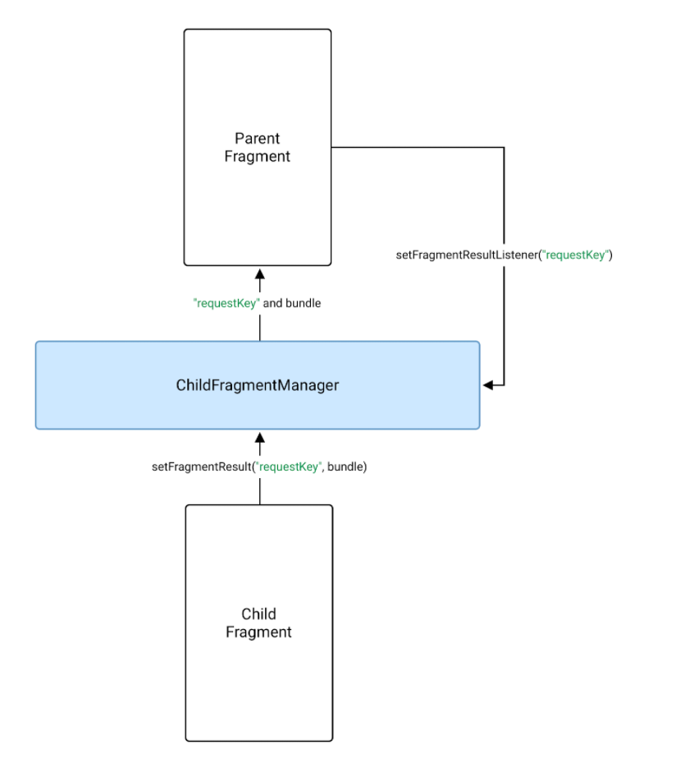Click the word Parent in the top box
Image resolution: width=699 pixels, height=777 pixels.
pos(258,138)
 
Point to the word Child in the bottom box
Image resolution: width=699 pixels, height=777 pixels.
pos(258,614)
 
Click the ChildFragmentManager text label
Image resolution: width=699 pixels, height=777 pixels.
pos(258,384)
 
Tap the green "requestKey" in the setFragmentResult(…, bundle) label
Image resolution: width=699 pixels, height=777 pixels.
pos(288,467)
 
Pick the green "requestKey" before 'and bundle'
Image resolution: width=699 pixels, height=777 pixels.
pos(226,303)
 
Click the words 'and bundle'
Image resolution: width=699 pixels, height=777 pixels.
pos(292,303)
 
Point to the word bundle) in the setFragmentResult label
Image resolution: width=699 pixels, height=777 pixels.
pos(347,467)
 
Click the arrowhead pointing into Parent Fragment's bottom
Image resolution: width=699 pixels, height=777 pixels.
pos(260,274)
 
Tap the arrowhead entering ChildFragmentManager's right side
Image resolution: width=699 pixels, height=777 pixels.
pos(488,384)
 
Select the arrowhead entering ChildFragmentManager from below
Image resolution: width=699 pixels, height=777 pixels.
pos(260,437)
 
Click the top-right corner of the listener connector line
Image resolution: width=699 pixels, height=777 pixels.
pos(504,148)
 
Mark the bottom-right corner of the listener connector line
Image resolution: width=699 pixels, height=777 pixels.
pos(504,384)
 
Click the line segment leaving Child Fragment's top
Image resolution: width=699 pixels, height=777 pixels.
pos(260,491)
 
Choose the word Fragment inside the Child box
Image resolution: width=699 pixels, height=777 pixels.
pos(258,632)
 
